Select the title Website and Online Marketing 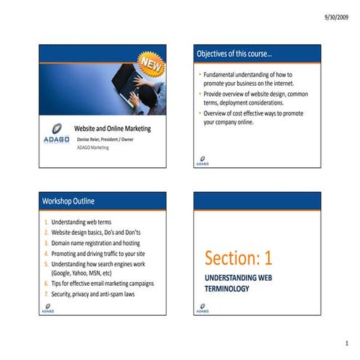tap(113, 129)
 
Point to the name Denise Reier tap(91, 139)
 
